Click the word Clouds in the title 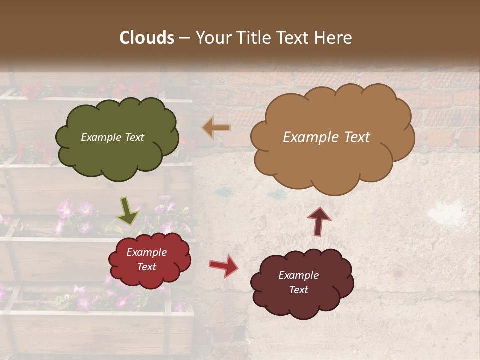pyautogui.click(x=147, y=38)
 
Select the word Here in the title pyautogui.click(x=333, y=38)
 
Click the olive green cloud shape pyautogui.click(x=117, y=155)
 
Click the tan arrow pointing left pyautogui.click(x=216, y=128)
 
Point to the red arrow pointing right pyautogui.click(x=223, y=265)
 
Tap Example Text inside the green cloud pyautogui.click(x=112, y=137)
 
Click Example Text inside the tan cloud pyautogui.click(x=326, y=137)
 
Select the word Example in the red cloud pyautogui.click(x=146, y=252)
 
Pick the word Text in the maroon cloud pyautogui.click(x=299, y=290)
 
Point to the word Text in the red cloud pyautogui.click(x=146, y=267)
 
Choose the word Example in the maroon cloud pyautogui.click(x=298, y=275)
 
